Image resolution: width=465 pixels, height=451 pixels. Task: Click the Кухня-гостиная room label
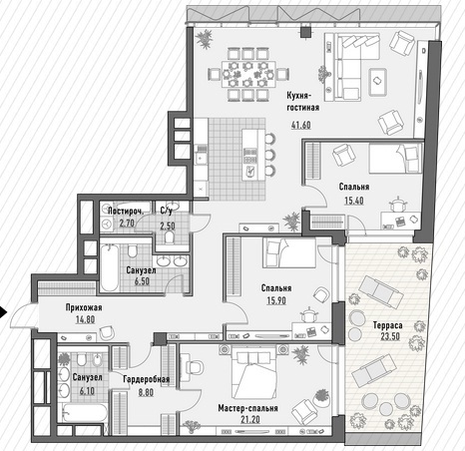coord(303,102)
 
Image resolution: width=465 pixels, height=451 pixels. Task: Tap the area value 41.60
coord(301,125)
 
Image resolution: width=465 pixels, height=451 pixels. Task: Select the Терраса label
coord(387,325)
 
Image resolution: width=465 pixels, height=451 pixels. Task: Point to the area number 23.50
coord(390,336)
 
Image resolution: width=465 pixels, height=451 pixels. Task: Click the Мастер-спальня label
coord(247,408)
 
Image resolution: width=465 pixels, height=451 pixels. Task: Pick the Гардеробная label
coord(147,379)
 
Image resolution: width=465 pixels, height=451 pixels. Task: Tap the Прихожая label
coord(84,307)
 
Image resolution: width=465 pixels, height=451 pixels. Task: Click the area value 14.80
coord(85,319)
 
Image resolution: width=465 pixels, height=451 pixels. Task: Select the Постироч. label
coord(126,212)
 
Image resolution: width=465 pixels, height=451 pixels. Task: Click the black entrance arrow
coord(3,312)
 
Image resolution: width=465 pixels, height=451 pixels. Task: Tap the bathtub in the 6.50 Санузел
coord(109,267)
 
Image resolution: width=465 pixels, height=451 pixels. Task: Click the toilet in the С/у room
coord(170,237)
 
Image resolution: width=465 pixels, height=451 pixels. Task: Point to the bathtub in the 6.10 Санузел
coord(85,412)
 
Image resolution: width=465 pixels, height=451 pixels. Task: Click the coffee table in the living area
coord(378,82)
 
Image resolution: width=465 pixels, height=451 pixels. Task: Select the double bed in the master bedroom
coord(253,375)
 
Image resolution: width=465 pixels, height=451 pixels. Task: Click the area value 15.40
coord(354,201)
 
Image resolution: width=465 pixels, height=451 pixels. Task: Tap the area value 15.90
coord(276,300)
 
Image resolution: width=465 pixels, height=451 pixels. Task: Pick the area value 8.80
coord(146,392)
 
